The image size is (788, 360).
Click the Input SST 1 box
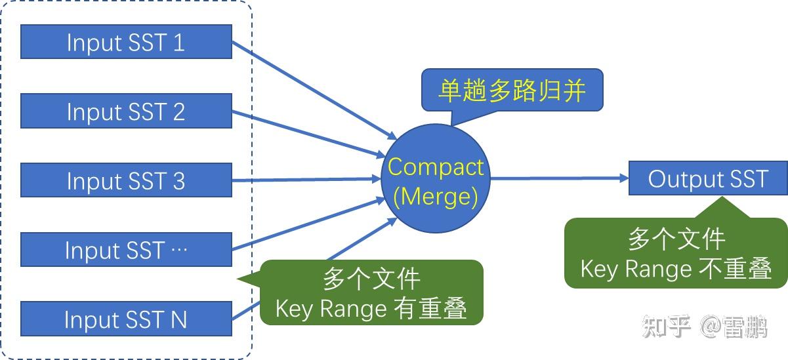point(126,42)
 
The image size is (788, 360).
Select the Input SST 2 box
point(126,111)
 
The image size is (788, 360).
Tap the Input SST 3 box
point(126,180)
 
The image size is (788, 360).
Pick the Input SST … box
point(126,250)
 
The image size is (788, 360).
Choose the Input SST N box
point(126,319)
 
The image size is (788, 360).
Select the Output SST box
point(708,178)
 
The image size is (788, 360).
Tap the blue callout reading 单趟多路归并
point(511,90)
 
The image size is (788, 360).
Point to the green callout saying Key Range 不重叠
point(676,255)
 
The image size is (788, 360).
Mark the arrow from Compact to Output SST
point(558,178)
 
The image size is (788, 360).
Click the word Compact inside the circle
point(436,167)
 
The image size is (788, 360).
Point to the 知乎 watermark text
point(666,326)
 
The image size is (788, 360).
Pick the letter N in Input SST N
point(178,320)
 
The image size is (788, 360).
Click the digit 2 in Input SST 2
point(178,111)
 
